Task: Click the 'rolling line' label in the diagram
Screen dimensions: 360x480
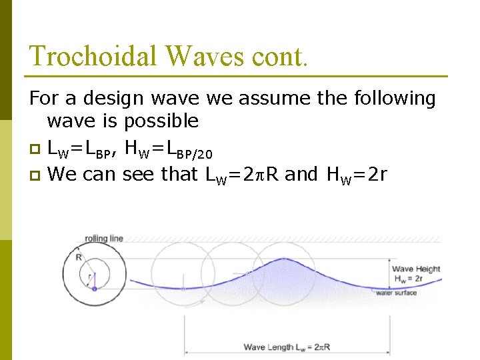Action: pos(103,239)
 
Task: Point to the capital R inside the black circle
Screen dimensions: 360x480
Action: pos(79,256)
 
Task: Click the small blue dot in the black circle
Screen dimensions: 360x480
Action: pos(94,289)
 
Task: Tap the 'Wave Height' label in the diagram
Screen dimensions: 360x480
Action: pos(416,269)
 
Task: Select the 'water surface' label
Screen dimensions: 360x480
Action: pos(396,293)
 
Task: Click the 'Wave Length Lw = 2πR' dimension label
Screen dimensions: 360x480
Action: pos(287,347)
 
